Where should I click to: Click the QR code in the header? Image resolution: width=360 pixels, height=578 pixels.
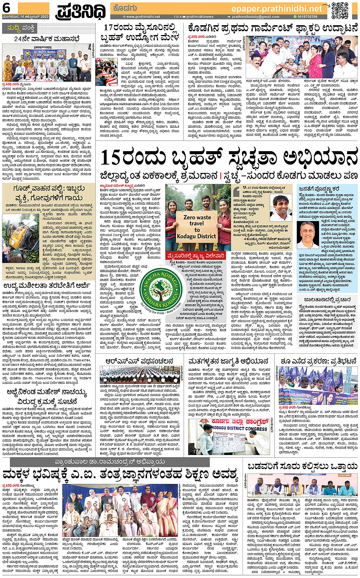click(x=339, y=10)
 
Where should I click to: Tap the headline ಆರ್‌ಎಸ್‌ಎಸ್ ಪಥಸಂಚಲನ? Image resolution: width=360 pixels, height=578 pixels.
click(x=139, y=361)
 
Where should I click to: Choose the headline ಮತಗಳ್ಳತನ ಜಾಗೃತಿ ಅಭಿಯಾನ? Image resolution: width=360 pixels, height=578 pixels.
click(x=228, y=361)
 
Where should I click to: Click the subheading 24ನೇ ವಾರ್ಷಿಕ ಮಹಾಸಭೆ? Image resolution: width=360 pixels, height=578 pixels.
click(x=47, y=39)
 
